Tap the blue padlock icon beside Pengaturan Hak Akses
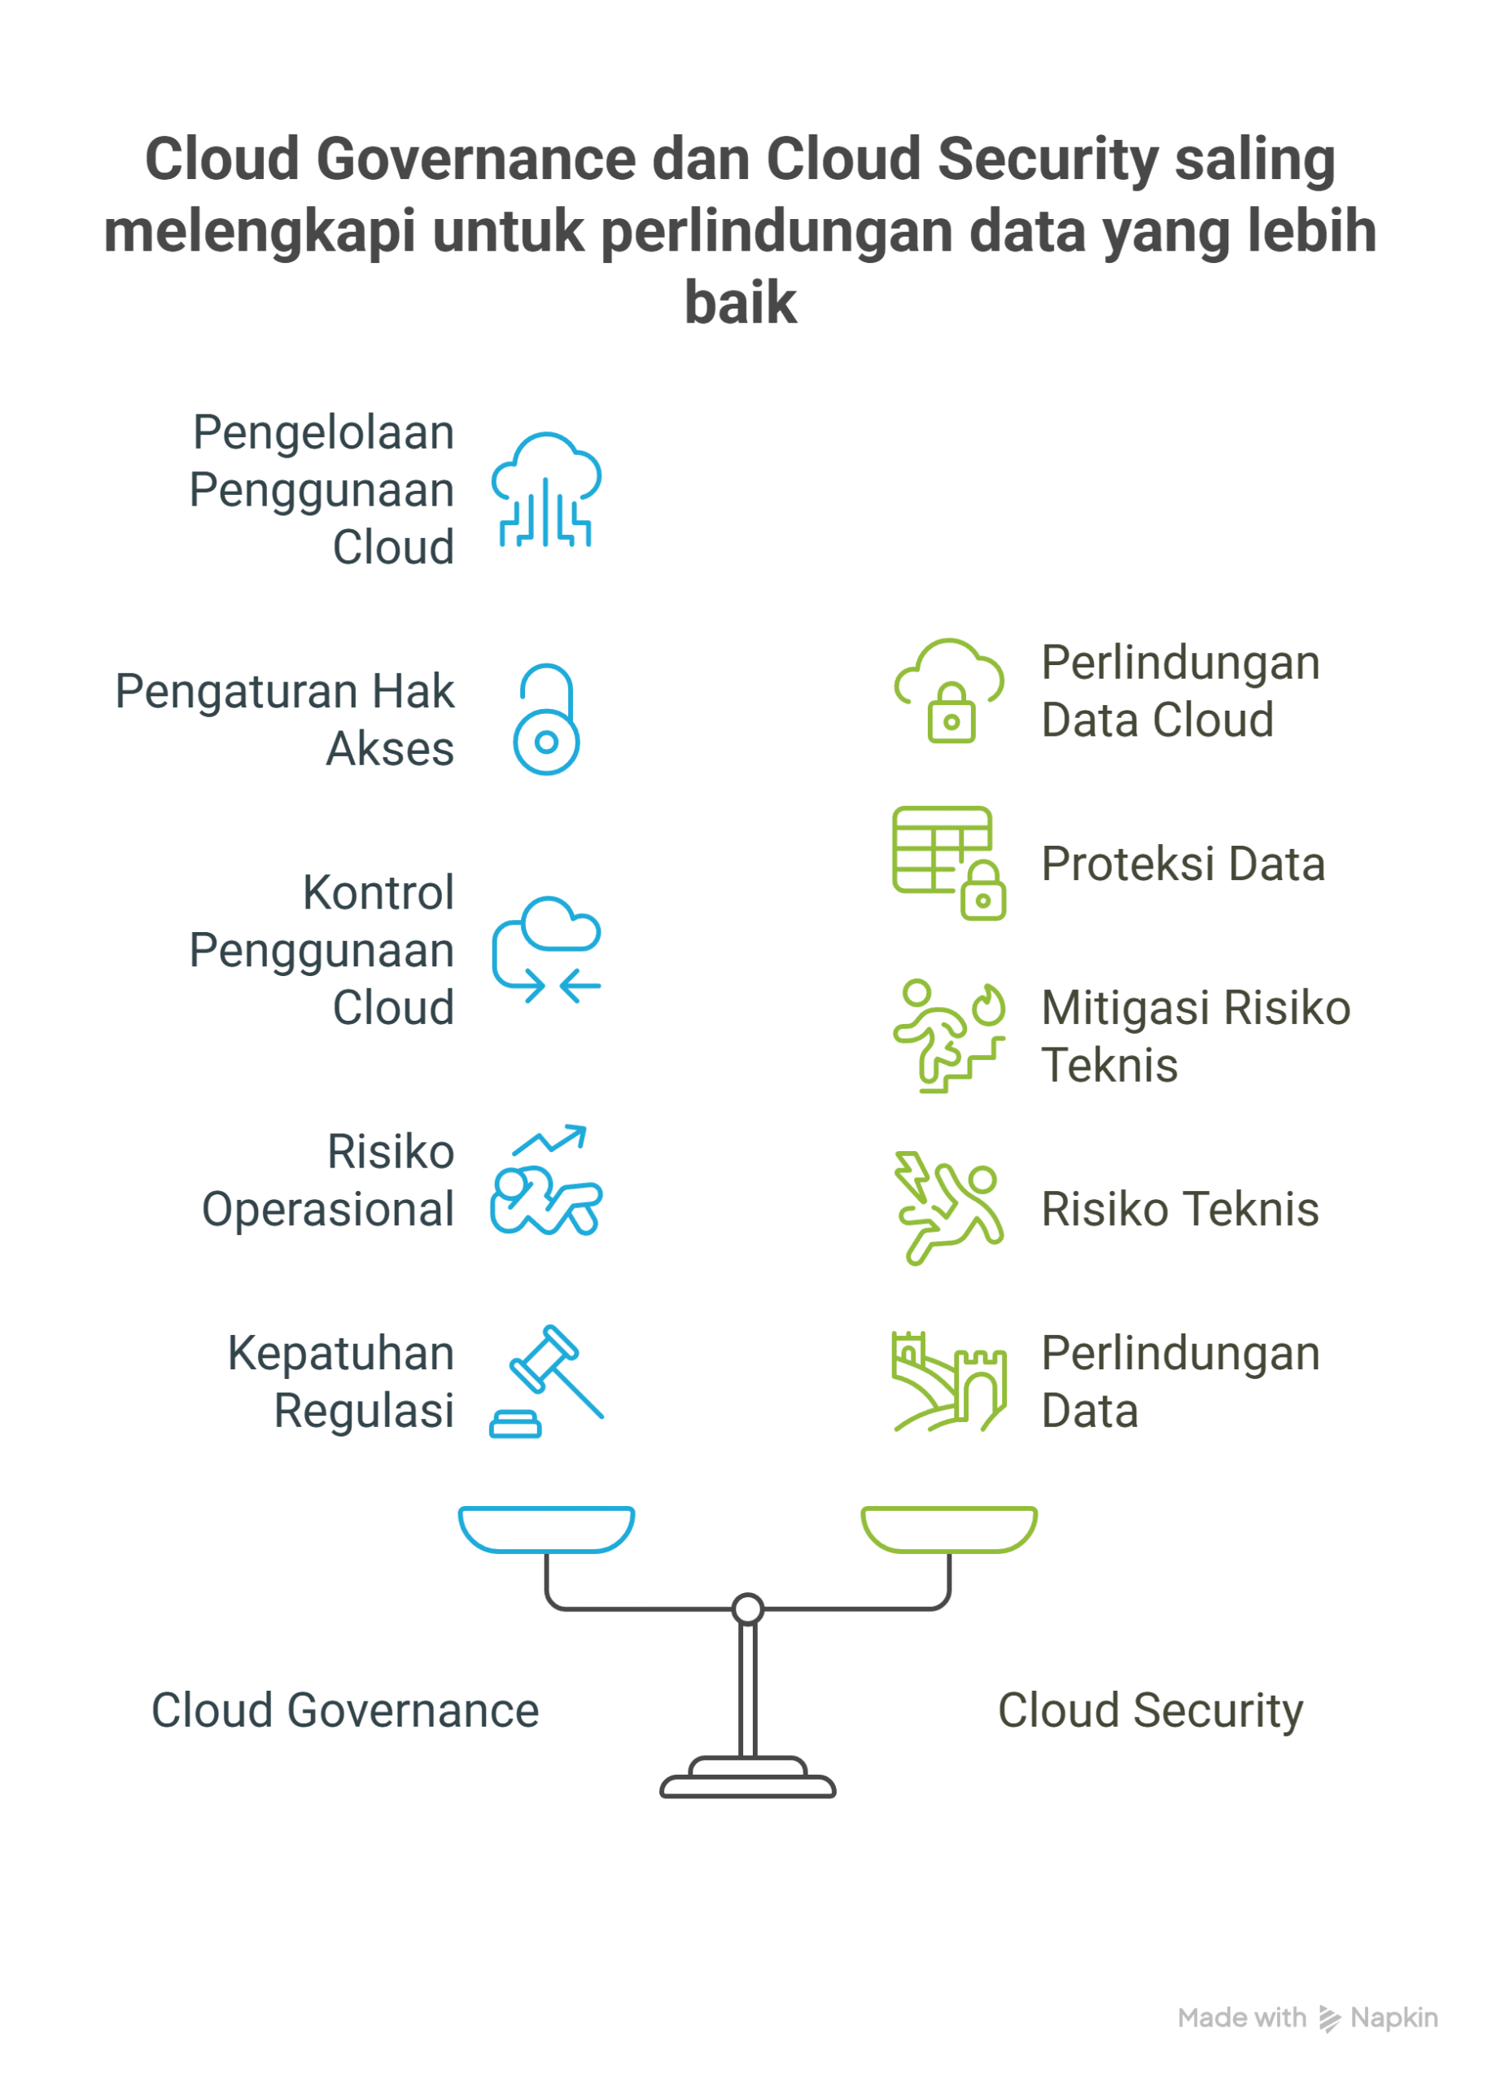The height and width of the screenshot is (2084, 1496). tap(546, 720)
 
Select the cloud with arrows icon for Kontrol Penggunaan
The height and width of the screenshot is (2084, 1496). tap(546, 949)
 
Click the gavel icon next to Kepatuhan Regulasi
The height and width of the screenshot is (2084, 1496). tap(546, 1381)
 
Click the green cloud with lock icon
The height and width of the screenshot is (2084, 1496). tap(948, 691)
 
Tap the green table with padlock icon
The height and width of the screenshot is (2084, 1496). tap(948, 863)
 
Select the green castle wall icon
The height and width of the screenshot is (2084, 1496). tap(948, 1381)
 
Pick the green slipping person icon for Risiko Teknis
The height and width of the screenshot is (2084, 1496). tap(948, 1208)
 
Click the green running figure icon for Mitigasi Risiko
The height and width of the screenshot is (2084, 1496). tap(948, 1035)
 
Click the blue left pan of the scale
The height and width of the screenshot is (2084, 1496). tap(546, 1530)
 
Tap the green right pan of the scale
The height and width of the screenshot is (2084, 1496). tap(948, 1530)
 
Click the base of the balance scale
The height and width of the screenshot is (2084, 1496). tap(747, 1784)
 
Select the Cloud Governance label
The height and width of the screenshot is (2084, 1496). tap(344, 1710)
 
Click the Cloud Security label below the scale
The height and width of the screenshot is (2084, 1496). tap(1149, 1710)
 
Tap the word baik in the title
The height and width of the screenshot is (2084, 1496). tap(741, 302)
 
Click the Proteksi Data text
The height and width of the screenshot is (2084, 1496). tap(1183, 864)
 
